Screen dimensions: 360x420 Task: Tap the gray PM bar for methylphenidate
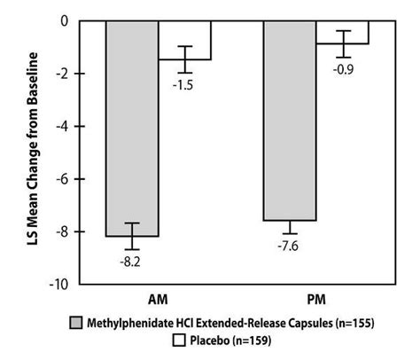289,120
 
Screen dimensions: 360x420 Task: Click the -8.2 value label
129,261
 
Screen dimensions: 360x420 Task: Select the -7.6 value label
290,246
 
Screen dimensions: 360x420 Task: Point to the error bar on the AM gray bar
131,236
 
